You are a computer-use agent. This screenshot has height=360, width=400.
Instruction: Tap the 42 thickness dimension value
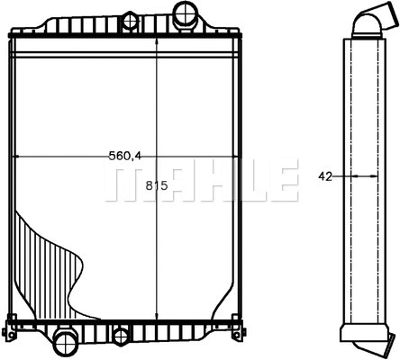pos(325,176)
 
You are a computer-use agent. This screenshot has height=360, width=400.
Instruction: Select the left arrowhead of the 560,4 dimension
pos(20,157)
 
